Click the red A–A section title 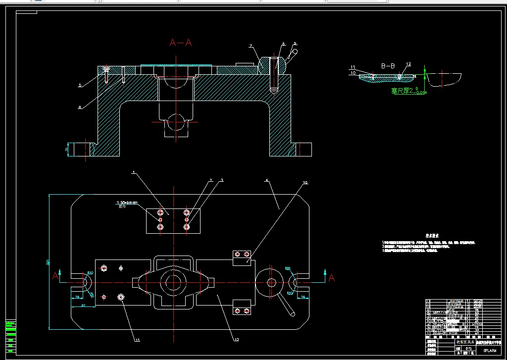[181, 43]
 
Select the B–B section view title [388, 65]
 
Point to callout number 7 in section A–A [251, 46]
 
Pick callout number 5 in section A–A [79, 86]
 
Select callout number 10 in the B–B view [353, 73]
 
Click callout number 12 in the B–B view [408, 64]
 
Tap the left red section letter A [55, 276]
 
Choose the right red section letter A [331, 278]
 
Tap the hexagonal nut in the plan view [271, 282]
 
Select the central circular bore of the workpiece [173, 283]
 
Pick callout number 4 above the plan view [266, 181]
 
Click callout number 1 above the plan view [133, 172]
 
